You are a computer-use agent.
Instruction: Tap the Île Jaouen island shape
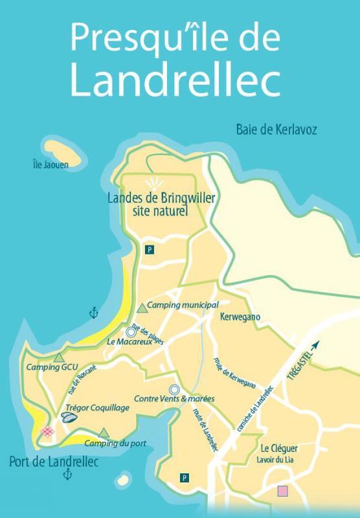(x=63, y=150)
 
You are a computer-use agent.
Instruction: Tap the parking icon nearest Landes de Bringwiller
(x=150, y=249)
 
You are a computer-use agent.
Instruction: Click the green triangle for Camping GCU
(x=59, y=357)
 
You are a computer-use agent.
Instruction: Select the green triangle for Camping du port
(x=104, y=432)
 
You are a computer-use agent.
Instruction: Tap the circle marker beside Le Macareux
(x=131, y=332)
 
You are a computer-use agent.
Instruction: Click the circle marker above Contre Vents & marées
(x=174, y=389)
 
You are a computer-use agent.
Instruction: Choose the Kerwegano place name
(x=240, y=319)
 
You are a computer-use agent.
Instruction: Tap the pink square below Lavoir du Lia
(x=282, y=491)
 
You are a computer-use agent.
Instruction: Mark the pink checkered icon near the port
(x=47, y=431)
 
